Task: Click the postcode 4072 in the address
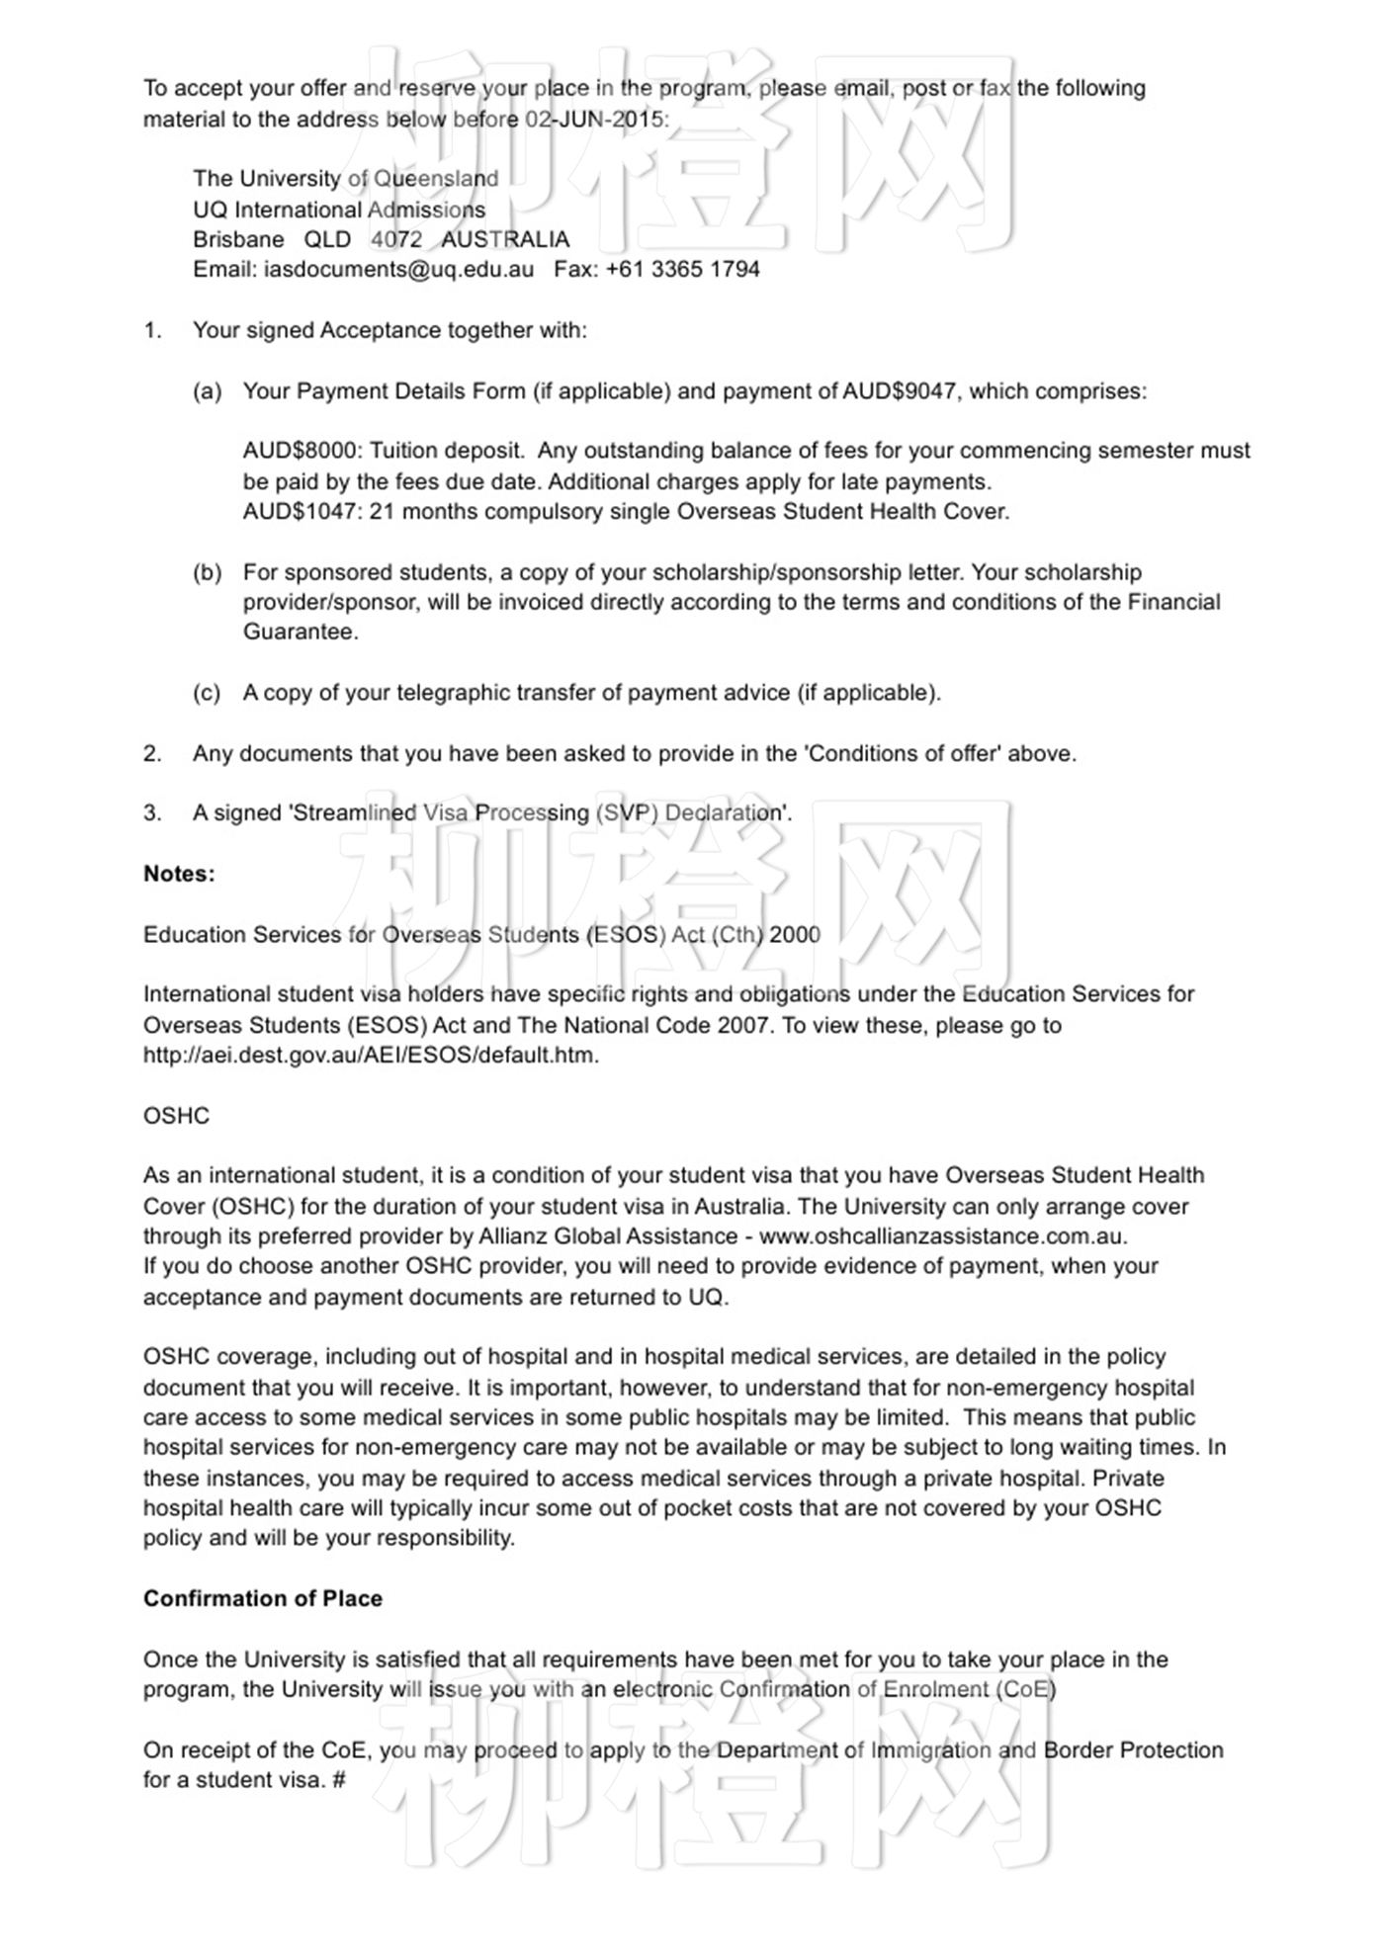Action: coord(396,239)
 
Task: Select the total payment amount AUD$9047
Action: coord(899,391)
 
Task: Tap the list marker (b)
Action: coord(207,572)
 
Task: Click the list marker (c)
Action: coord(207,693)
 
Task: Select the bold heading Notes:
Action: coord(179,874)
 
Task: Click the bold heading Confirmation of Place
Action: coord(263,1598)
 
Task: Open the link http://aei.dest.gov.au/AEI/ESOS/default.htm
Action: coord(371,1055)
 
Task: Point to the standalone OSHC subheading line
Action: coord(176,1116)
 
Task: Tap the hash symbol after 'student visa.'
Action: coord(338,1780)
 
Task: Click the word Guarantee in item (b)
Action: coord(300,633)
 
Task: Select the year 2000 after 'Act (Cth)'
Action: coord(795,935)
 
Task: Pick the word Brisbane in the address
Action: coord(238,239)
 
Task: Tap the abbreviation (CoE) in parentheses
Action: coord(1026,1689)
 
